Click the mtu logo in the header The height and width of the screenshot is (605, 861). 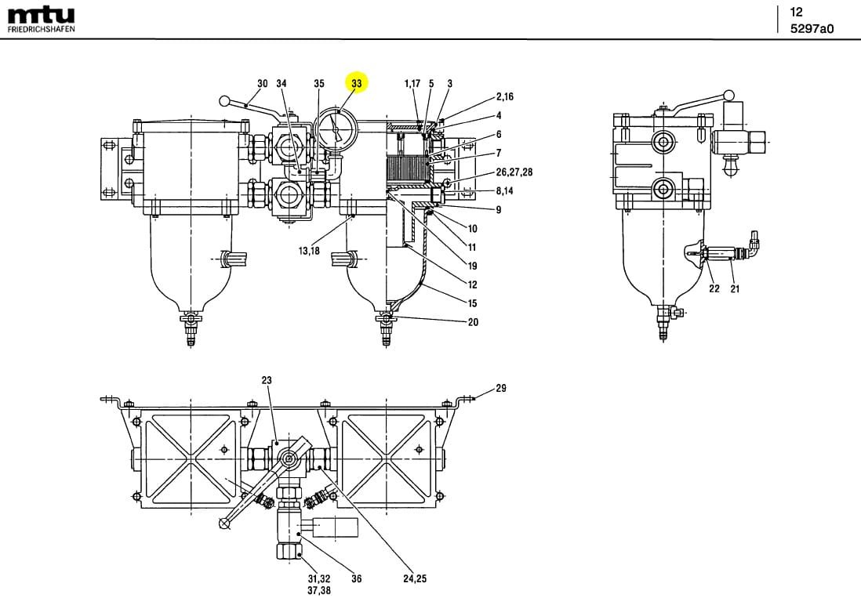tap(41, 16)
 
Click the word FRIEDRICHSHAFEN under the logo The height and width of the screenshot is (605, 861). tap(41, 30)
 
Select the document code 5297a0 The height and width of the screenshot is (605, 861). tap(812, 29)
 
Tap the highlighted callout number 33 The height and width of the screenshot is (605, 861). tap(358, 83)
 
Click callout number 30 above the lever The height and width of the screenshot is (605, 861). tap(263, 83)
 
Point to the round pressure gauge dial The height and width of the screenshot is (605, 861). tap(336, 126)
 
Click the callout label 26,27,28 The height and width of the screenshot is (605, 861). tap(514, 172)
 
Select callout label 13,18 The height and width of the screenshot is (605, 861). tap(308, 251)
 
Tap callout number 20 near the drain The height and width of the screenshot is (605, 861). tap(473, 322)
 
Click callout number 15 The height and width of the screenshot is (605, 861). tap(473, 303)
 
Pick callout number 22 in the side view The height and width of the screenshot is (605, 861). tap(714, 288)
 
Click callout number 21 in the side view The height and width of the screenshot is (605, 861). tap(735, 288)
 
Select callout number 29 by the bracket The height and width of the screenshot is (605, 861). tap(501, 388)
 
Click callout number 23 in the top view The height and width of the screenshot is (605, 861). tap(267, 380)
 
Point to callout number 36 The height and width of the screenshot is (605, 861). tap(356, 580)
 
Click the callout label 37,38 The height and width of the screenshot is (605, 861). tap(319, 591)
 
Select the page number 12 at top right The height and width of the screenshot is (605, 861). tap(797, 12)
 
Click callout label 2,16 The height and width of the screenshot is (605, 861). tap(505, 97)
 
